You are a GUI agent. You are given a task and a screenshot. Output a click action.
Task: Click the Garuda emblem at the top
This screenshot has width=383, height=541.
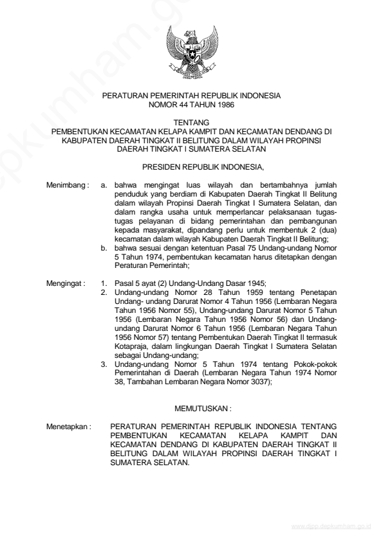[x=191, y=54]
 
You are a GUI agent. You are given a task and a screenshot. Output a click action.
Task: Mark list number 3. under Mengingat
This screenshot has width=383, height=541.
[x=105, y=364]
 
